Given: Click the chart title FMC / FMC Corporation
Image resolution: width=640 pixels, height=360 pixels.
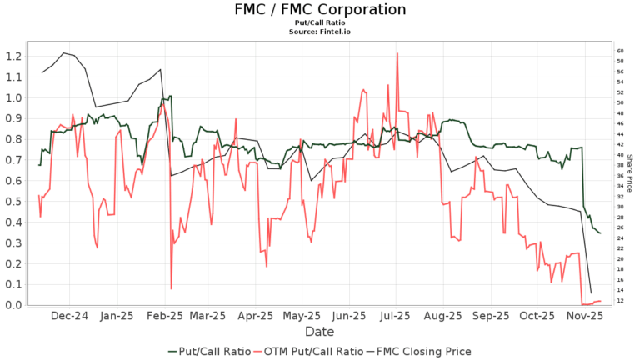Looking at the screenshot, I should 320,10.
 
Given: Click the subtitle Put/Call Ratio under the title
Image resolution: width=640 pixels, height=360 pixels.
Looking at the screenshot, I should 320,24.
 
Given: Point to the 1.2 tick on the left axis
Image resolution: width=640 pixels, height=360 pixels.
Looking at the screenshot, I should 12,57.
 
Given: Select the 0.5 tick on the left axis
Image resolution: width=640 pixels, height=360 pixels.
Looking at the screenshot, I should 12,202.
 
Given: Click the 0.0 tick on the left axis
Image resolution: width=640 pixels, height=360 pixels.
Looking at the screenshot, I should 12,305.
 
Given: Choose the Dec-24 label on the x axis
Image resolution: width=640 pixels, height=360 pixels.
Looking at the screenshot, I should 70,317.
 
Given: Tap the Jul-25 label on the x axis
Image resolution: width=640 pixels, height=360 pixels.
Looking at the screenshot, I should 396,317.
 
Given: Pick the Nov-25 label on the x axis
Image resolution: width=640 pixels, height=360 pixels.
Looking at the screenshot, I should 586,317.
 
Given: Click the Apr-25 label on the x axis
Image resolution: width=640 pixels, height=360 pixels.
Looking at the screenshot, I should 255,317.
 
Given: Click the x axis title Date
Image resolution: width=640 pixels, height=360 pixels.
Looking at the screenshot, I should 320,332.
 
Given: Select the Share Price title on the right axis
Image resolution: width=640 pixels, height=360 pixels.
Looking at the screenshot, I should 630,173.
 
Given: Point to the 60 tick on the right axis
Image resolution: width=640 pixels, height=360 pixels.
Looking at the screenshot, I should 621,51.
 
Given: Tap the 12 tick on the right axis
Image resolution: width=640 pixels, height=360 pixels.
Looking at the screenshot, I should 621,300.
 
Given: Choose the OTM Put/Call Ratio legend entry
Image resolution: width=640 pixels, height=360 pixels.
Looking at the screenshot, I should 312,351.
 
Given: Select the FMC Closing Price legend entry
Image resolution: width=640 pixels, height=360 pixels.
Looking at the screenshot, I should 425,351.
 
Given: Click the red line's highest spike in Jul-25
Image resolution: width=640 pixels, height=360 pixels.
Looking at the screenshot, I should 397,53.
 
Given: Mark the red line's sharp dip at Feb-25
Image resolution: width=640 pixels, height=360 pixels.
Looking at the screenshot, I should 172,288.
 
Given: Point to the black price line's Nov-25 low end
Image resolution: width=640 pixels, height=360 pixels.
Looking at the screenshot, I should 591,293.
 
